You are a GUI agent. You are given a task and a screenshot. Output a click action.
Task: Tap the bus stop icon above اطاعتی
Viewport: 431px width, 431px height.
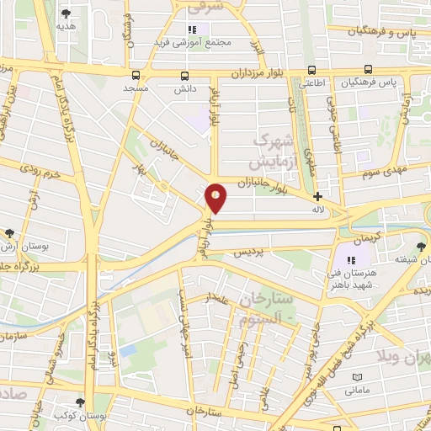(x=313, y=71)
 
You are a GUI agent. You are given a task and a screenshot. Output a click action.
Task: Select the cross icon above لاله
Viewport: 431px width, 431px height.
(x=317, y=196)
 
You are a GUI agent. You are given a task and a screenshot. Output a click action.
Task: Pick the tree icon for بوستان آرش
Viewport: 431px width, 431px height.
(x=9, y=233)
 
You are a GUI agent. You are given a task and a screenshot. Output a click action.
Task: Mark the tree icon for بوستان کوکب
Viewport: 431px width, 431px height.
(x=81, y=402)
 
